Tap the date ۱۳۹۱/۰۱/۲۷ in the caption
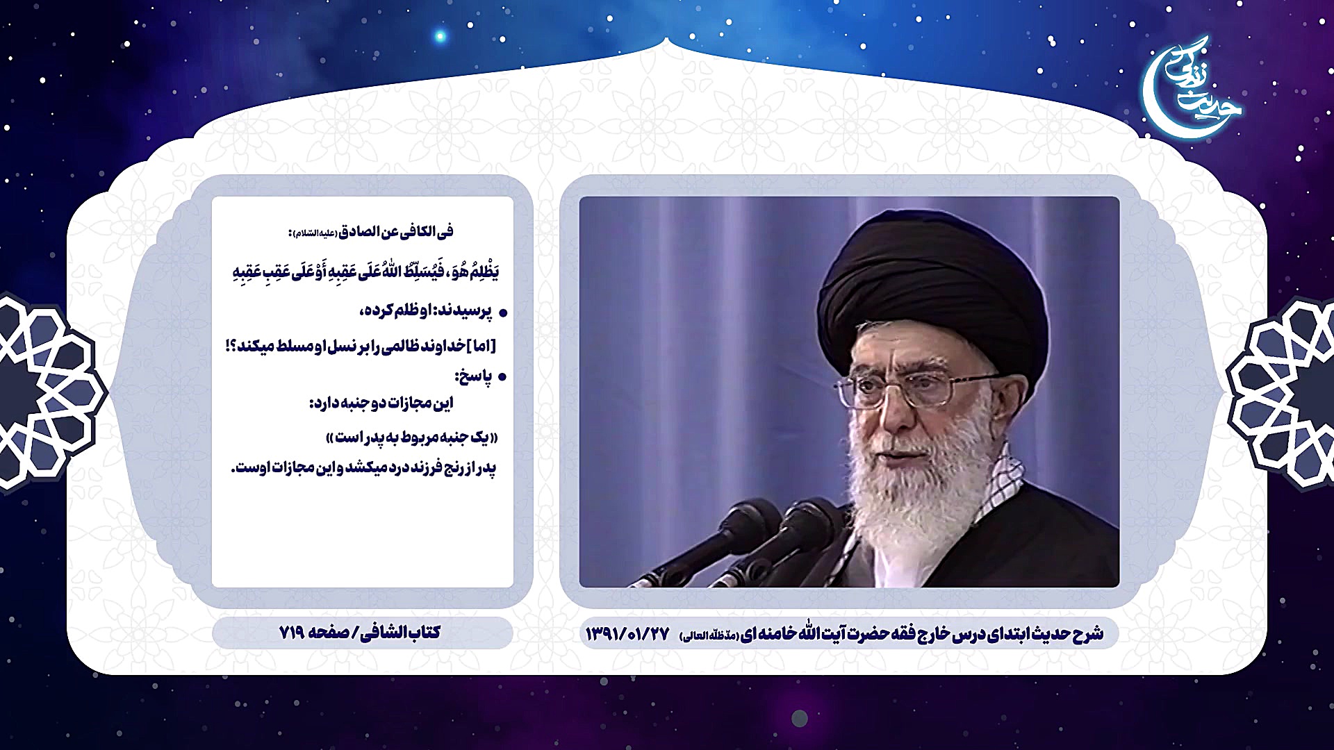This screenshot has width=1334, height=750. tap(627, 633)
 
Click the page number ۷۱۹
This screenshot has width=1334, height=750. tap(293, 633)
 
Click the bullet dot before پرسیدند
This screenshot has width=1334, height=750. tap(503, 314)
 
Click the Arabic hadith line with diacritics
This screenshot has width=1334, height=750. tap(365, 272)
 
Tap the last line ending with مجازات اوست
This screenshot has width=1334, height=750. tap(363, 469)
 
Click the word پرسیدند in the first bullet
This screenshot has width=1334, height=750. tap(463, 312)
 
